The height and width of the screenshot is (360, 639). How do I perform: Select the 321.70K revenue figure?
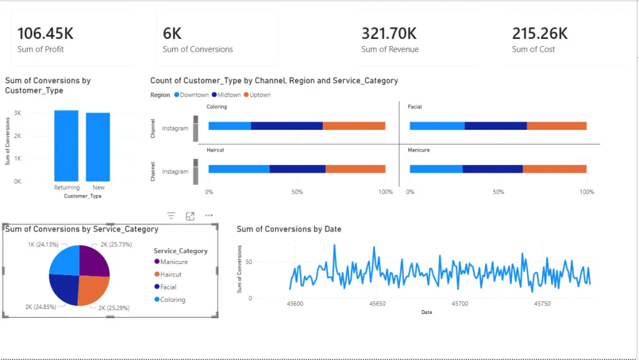click(389, 33)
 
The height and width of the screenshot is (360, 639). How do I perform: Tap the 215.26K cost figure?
click(540, 33)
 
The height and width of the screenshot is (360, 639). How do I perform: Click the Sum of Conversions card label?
click(197, 49)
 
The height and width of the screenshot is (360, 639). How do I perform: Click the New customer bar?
click(98, 147)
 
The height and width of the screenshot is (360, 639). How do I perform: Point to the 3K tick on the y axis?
click(18, 113)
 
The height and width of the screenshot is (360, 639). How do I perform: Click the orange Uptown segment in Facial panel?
click(557, 126)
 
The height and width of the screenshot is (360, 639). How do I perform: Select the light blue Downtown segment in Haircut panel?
click(239, 169)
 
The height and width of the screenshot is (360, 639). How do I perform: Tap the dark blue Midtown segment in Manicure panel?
click(492, 169)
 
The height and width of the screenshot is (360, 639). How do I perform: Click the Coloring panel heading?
click(217, 107)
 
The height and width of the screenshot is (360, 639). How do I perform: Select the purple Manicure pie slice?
click(93, 261)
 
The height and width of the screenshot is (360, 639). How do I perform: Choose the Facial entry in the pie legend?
click(168, 287)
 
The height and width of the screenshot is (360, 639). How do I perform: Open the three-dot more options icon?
click(209, 216)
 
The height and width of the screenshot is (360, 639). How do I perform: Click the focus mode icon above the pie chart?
click(190, 216)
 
